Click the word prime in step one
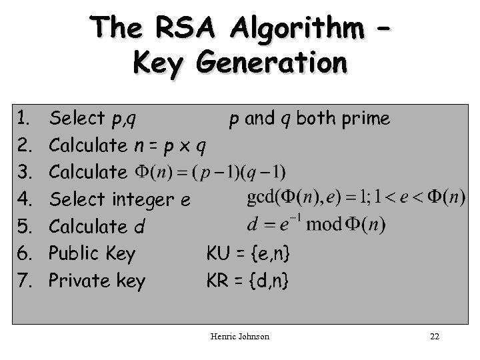click(366, 119)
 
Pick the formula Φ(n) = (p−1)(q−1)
click(211, 172)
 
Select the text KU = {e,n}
click(248, 253)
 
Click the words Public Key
click(93, 253)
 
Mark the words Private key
click(97, 281)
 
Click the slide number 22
click(435, 337)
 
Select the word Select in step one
click(76, 119)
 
